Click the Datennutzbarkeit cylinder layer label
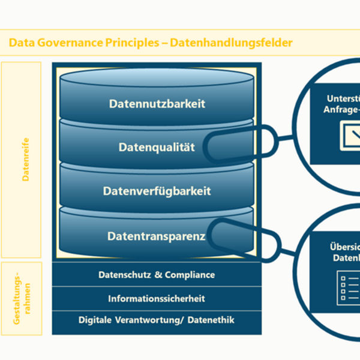(x=157, y=104)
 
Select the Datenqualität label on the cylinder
(x=157, y=147)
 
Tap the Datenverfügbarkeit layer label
(x=157, y=191)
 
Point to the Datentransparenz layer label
(x=157, y=236)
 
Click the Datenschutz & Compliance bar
(x=157, y=275)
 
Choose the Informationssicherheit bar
(x=157, y=298)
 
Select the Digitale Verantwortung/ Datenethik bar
(x=157, y=320)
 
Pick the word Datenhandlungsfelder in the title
(x=232, y=43)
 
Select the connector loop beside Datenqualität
(x=240, y=144)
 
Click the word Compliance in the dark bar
(x=188, y=275)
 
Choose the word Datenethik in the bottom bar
(x=211, y=320)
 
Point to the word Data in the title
(x=22, y=43)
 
